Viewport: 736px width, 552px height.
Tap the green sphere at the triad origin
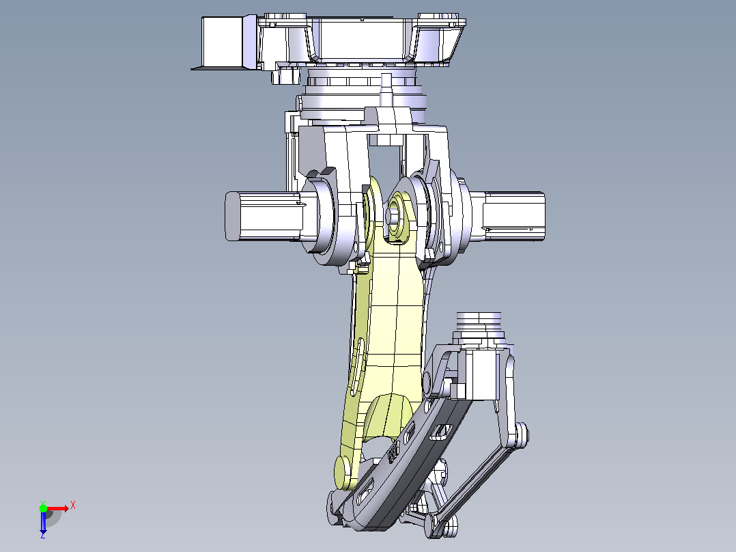click(43, 508)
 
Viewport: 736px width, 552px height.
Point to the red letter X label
click(73, 506)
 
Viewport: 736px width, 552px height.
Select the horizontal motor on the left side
click(264, 216)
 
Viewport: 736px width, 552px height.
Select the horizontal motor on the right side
click(513, 216)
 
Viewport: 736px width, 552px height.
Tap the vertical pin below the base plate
click(386, 90)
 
